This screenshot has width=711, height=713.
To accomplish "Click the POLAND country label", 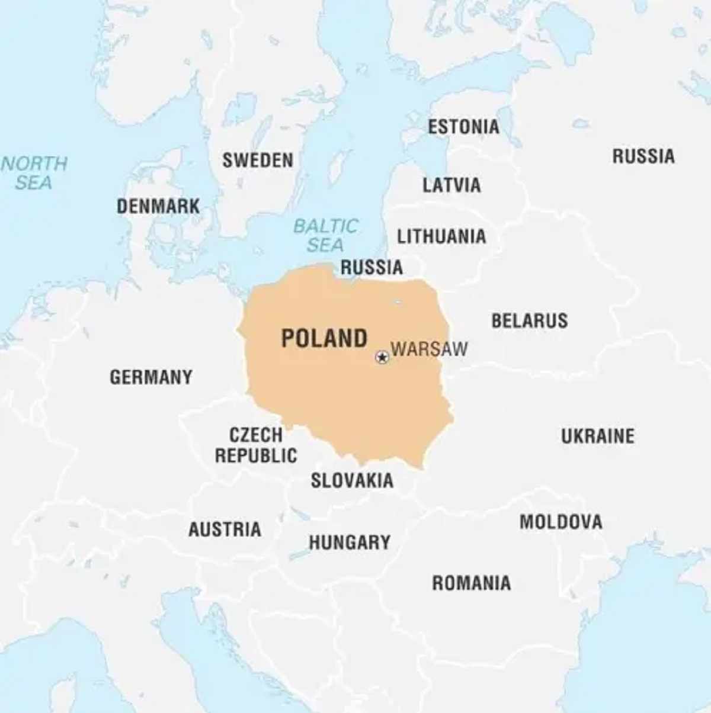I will [x=324, y=339].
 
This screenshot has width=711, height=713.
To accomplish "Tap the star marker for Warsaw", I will [x=382, y=357].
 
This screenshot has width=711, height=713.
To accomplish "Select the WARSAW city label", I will [x=430, y=349].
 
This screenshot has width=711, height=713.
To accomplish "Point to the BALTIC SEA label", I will [x=326, y=235].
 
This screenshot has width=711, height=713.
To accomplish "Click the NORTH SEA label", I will [x=34, y=172].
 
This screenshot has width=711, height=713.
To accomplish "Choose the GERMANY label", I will [x=151, y=377].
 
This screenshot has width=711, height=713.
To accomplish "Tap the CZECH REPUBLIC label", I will [x=256, y=445].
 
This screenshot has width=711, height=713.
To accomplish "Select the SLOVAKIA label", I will [x=352, y=480].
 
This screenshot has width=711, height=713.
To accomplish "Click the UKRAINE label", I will [x=598, y=436].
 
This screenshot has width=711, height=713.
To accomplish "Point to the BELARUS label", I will [x=530, y=321].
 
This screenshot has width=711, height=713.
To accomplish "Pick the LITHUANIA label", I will [x=441, y=237].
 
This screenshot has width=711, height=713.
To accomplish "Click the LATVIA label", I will [x=451, y=185].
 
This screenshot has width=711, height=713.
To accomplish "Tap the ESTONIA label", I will [x=463, y=127].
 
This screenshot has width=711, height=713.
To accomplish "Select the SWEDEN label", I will [x=258, y=160].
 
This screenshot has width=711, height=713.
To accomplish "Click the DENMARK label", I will [x=158, y=206].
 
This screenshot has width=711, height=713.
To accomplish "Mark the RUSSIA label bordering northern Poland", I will [x=371, y=268].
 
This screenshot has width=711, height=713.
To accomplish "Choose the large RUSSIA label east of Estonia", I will [x=643, y=156].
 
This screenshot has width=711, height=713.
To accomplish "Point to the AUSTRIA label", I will [x=225, y=529].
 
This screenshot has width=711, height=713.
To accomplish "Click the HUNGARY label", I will [x=350, y=542].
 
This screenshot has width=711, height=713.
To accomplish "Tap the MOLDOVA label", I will [x=561, y=522].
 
